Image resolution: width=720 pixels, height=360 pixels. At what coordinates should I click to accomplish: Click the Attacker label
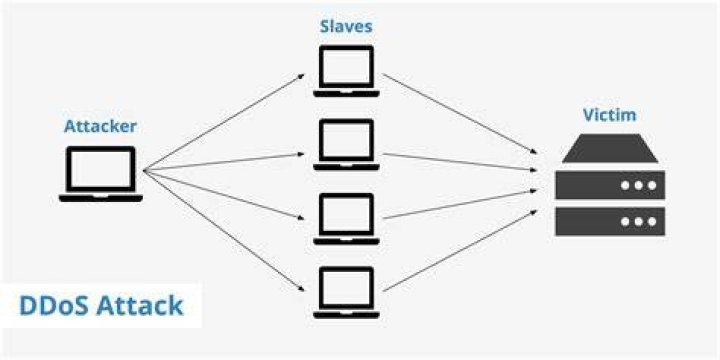(x=100, y=126)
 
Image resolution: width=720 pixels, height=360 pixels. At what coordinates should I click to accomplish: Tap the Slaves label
(x=346, y=26)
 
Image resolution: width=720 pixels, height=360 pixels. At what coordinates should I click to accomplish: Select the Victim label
(x=610, y=115)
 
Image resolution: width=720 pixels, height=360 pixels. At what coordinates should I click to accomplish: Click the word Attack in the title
(x=137, y=306)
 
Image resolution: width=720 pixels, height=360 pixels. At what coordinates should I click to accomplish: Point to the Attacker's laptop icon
(x=101, y=174)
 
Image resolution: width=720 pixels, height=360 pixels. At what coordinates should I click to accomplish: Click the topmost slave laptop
(x=346, y=71)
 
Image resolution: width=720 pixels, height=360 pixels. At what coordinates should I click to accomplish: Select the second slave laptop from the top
(x=346, y=145)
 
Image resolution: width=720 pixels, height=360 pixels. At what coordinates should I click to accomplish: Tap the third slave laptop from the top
(x=346, y=219)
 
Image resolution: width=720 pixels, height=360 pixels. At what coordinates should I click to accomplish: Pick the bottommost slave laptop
(x=346, y=292)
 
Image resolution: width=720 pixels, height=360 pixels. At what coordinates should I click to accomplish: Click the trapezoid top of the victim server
(x=610, y=148)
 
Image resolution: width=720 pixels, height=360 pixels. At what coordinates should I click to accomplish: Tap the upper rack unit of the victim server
(x=610, y=185)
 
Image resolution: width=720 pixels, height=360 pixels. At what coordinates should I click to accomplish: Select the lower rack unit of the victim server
(x=610, y=221)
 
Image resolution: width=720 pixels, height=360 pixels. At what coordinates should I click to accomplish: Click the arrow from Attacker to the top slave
(x=224, y=122)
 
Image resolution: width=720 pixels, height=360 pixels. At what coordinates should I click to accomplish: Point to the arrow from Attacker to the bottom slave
(x=224, y=231)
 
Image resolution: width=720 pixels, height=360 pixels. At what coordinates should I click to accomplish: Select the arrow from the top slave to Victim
(x=460, y=113)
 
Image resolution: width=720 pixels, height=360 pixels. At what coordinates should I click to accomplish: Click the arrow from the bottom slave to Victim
(x=460, y=250)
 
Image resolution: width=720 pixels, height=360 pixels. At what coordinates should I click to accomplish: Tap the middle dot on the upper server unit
(x=638, y=186)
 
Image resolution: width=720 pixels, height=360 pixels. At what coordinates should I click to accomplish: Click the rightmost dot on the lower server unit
(x=652, y=222)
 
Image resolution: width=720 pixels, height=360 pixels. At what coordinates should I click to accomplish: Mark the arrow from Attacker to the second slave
(x=224, y=162)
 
